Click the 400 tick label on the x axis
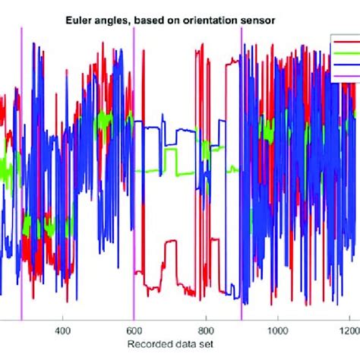[x=62, y=330]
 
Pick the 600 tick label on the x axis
[x=134, y=330]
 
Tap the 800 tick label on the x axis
[x=205, y=330]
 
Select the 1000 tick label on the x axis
[x=279, y=330]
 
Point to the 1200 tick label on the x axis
[x=349, y=330]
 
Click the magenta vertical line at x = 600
[x=134, y=190]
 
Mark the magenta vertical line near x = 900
[x=242, y=190]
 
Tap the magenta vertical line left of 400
[x=22, y=190]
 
